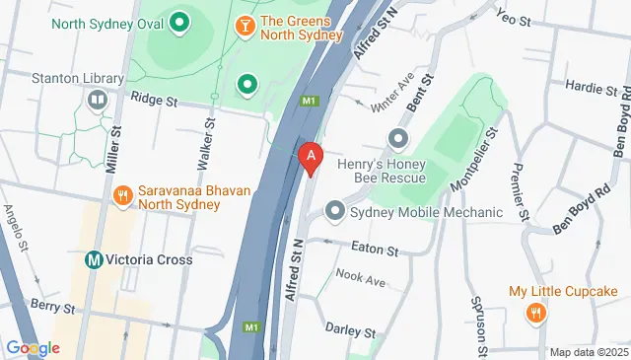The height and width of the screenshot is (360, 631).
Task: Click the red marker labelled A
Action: click(312, 157)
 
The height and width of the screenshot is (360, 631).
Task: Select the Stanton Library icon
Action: click(98, 99)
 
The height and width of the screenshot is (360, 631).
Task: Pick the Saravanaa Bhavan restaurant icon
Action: click(122, 196)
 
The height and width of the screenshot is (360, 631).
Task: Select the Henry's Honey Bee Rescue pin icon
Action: click(398, 138)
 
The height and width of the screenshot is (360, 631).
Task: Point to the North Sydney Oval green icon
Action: click(179, 21)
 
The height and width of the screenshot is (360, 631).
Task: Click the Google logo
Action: click(33, 347)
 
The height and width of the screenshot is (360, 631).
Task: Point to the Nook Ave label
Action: click(360, 279)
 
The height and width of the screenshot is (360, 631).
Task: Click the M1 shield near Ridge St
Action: click(312, 101)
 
